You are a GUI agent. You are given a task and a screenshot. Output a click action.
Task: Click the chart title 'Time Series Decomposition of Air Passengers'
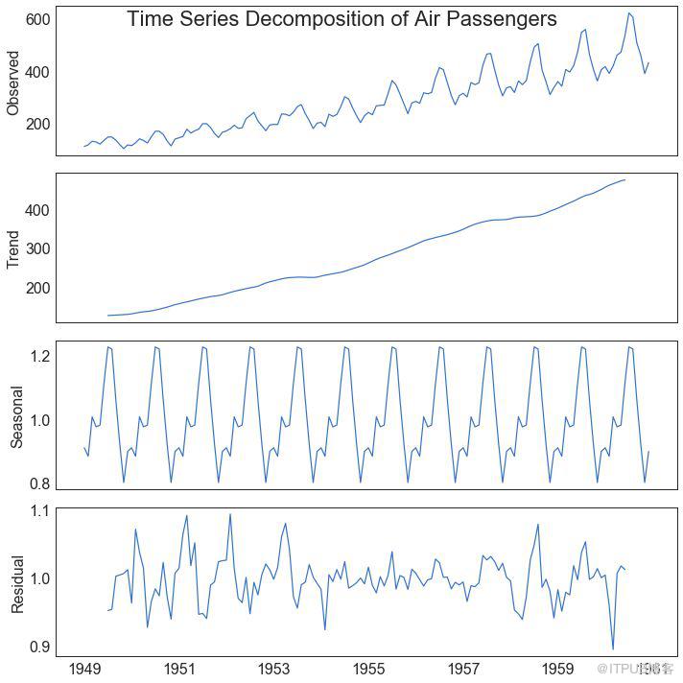click(x=341, y=19)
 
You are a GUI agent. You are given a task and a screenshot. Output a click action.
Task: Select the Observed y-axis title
click(x=13, y=82)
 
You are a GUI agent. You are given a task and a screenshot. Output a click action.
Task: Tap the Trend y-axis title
click(x=13, y=248)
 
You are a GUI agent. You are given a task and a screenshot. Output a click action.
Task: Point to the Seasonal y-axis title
click(x=16, y=415)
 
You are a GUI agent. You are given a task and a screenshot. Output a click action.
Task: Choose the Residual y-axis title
click(x=16, y=582)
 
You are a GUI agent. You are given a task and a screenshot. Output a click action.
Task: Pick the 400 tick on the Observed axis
click(x=38, y=72)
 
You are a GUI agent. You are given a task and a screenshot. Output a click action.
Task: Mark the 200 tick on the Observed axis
click(x=38, y=124)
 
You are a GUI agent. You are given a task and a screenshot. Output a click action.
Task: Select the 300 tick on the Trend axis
click(x=38, y=248)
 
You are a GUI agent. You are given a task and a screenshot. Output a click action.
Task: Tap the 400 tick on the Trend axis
click(x=38, y=209)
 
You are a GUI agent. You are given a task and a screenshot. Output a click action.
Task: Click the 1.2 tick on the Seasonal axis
click(x=38, y=356)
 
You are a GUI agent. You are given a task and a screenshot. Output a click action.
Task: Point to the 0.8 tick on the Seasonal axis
click(x=38, y=483)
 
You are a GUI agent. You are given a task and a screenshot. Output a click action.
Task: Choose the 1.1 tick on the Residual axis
click(x=38, y=510)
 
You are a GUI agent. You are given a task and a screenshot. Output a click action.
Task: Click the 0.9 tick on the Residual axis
click(x=38, y=646)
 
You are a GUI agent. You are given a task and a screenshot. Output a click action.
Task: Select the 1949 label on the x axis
click(x=85, y=668)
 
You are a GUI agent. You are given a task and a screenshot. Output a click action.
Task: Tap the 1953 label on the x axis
click(x=274, y=668)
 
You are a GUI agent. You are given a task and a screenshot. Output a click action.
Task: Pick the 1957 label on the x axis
click(x=463, y=668)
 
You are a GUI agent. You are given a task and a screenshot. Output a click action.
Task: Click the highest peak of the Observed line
click(x=628, y=12)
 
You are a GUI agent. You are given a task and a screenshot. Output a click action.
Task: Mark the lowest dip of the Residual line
click(x=613, y=649)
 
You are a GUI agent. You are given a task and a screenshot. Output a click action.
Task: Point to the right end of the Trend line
click(x=624, y=179)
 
